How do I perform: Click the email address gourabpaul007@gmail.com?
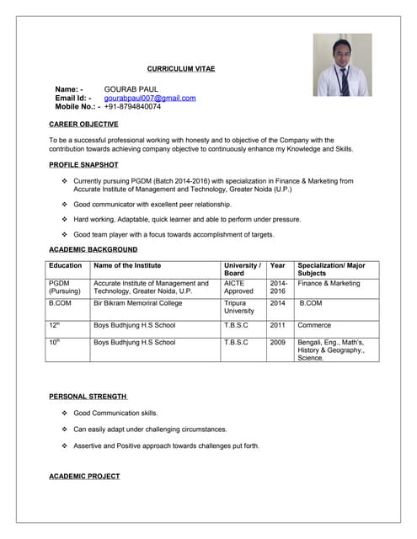[150, 98]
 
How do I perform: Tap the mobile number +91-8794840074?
[132, 107]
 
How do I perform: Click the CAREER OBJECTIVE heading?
[83, 125]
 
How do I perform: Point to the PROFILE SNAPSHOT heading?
[83, 165]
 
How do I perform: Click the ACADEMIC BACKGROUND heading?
[93, 249]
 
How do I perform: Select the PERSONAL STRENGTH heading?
[88, 396]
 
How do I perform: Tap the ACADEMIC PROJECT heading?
[84, 477]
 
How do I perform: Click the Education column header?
[65, 266]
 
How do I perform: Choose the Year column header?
[277, 266]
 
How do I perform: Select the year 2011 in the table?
[277, 325]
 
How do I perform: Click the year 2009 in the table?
[277, 343]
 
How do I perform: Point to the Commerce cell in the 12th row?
[315, 325]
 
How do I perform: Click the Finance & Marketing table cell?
[329, 284]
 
